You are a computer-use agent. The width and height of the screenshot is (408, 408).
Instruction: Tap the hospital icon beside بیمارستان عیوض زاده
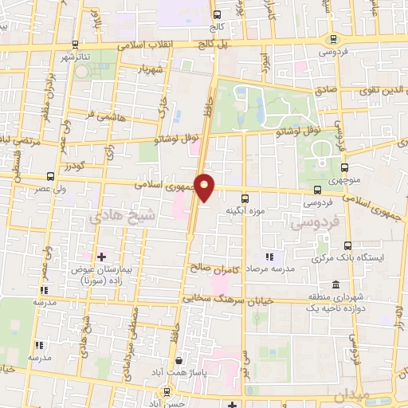point(101,256)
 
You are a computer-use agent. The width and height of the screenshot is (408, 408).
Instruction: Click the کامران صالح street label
point(210,267)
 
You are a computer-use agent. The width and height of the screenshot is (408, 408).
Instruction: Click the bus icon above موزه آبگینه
point(245,197)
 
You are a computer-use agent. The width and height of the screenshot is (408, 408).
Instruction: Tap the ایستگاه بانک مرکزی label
point(346,260)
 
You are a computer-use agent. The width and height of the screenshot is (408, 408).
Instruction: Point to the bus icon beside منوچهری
point(344,167)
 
